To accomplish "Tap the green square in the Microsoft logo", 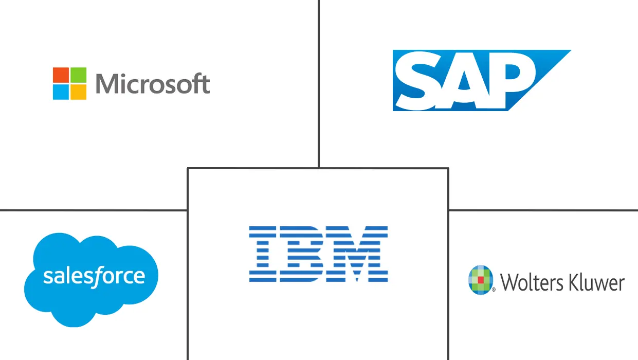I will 78,75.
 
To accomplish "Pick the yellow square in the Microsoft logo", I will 78,92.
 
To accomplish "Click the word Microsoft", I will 153,84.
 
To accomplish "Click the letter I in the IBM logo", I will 262,254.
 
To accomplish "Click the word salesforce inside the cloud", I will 94,277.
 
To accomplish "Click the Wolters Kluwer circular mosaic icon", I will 481,280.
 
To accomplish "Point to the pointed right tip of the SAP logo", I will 569,51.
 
